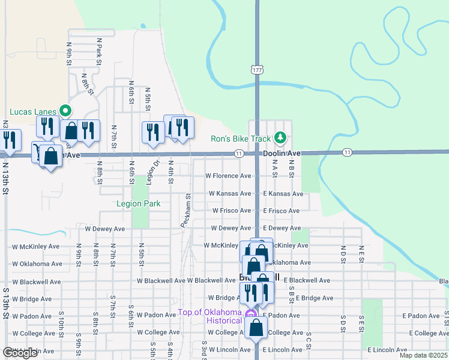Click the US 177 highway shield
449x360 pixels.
(x=258, y=70)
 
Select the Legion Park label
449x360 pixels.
(x=138, y=203)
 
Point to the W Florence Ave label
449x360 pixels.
(x=228, y=176)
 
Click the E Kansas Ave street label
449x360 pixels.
(x=283, y=194)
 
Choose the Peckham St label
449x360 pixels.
(x=187, y=210)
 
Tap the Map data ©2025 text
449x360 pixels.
(x=423, y=355)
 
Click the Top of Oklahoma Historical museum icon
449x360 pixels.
(x=252, y=313)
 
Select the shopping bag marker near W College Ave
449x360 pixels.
(x=256, y=329)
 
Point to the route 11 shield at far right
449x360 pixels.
(x=347, y=153)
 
